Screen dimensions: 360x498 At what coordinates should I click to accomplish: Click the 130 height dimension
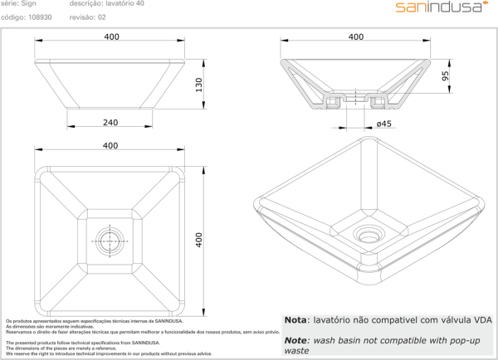coord(198,85)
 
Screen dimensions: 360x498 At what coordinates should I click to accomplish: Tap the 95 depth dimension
coord(445,75)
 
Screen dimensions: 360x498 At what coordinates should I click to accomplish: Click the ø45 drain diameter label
coord(383,124)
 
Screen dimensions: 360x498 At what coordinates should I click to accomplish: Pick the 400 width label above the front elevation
coord(112,36)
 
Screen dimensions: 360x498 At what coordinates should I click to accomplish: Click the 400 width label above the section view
coord(356,36)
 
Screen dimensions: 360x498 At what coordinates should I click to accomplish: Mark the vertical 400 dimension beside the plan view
coord(198,239)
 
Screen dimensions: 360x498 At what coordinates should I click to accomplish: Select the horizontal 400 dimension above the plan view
coord(110,145)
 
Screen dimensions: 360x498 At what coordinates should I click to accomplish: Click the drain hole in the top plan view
coord(110,239)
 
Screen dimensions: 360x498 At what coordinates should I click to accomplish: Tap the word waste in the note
coord(297,351)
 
